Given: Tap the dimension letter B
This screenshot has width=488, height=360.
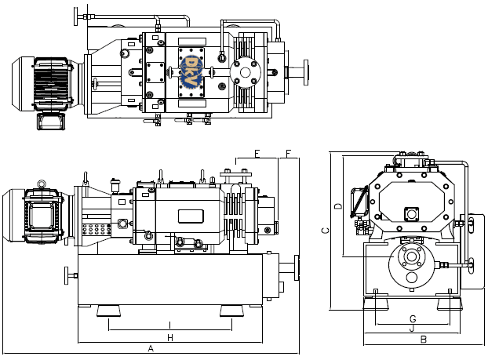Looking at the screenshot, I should click(423, 340).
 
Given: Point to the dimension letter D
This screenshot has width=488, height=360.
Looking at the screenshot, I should click(337, 206).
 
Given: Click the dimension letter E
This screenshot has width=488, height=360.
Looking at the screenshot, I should click(257, 153).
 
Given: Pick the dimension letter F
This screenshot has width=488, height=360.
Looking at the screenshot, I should click(288, 153).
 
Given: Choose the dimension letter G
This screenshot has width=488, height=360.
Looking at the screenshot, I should click(413, 318).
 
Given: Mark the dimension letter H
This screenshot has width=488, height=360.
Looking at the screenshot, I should click(169, 337).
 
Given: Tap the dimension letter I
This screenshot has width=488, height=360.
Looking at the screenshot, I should click(169, 325).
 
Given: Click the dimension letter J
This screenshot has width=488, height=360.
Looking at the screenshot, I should click(413, 329).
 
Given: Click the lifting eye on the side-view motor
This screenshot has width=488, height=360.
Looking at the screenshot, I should click(42, 184).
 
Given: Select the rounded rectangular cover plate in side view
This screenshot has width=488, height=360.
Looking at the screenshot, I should click(191, 214).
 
